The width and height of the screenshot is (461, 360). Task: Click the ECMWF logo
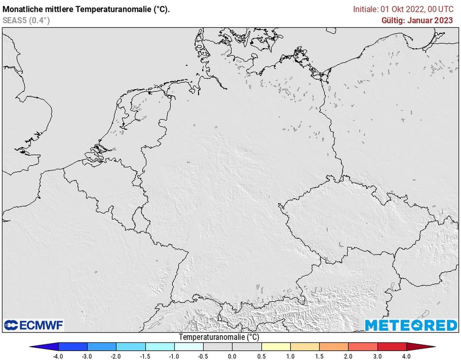[x=34, y=325]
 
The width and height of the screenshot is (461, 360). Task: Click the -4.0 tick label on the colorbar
[x=58, y=356]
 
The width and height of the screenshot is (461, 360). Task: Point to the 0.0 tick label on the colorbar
[x=232, y=356]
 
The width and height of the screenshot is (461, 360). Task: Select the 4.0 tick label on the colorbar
[x=407, y=356]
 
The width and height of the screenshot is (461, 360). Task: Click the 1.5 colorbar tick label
[x=320, y=356]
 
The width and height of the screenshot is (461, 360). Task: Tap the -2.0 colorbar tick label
[x=116, y=356]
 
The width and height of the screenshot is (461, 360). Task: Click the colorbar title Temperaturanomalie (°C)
[x=219, y=337]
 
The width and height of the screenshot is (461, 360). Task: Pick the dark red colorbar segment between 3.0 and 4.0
[x=392, y=346]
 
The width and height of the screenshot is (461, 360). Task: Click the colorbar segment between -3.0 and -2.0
[x=102, y=346]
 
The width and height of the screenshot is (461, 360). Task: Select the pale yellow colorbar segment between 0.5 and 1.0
[x=276, y=346]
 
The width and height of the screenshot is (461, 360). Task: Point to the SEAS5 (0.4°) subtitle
[x=26, y=20]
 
